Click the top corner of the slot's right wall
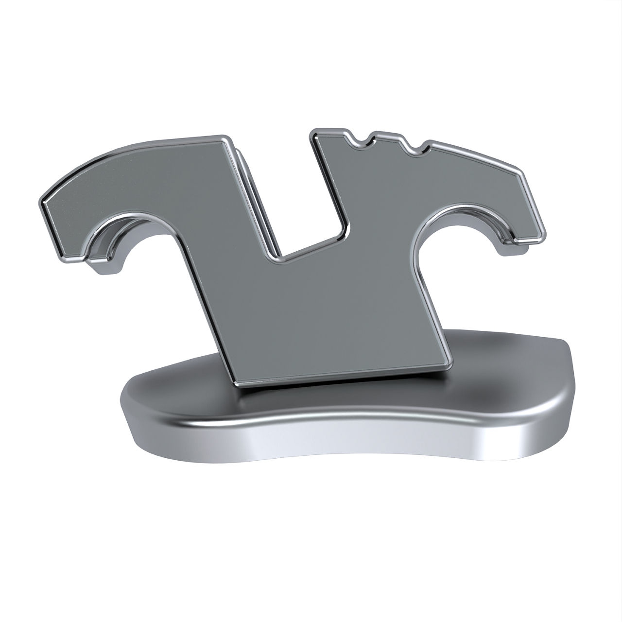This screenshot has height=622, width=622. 314,133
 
